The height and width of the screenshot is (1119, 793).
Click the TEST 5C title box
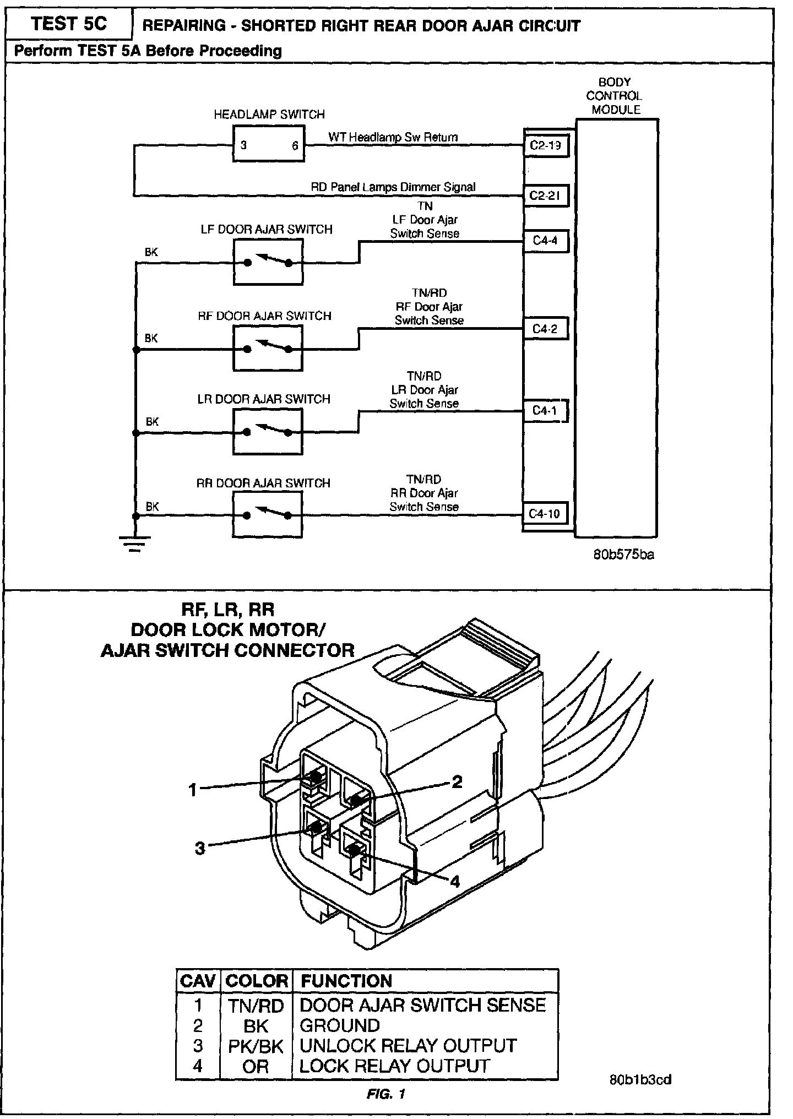tap(69, 24)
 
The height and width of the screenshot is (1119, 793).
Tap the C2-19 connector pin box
tap(545, 146)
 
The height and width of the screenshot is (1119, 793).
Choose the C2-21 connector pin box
tap(545, 195)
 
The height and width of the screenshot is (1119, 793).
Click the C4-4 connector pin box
tap(545, 241)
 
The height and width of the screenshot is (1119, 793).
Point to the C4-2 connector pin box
tap(545, 329)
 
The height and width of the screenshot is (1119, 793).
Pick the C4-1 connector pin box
tap(545, 411)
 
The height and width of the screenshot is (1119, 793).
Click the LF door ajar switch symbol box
tap(268, 263)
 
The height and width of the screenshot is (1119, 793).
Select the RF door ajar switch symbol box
tap(268, 348)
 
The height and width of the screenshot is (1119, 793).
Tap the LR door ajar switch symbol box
tap(268, 432)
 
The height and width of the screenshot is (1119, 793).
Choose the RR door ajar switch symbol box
tap(268, 515)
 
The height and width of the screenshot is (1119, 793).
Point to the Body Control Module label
tap(615, 96)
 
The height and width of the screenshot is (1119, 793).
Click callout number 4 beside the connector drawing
tap(455, 882)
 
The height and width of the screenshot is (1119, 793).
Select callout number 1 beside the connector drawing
tap(192, 790)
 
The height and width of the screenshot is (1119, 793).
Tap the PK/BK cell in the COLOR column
tap(256, 1046)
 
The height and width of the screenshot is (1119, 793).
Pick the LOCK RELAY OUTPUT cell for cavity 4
tap(394, 1066)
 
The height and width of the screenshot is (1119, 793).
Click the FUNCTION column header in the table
tap(346, 981)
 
